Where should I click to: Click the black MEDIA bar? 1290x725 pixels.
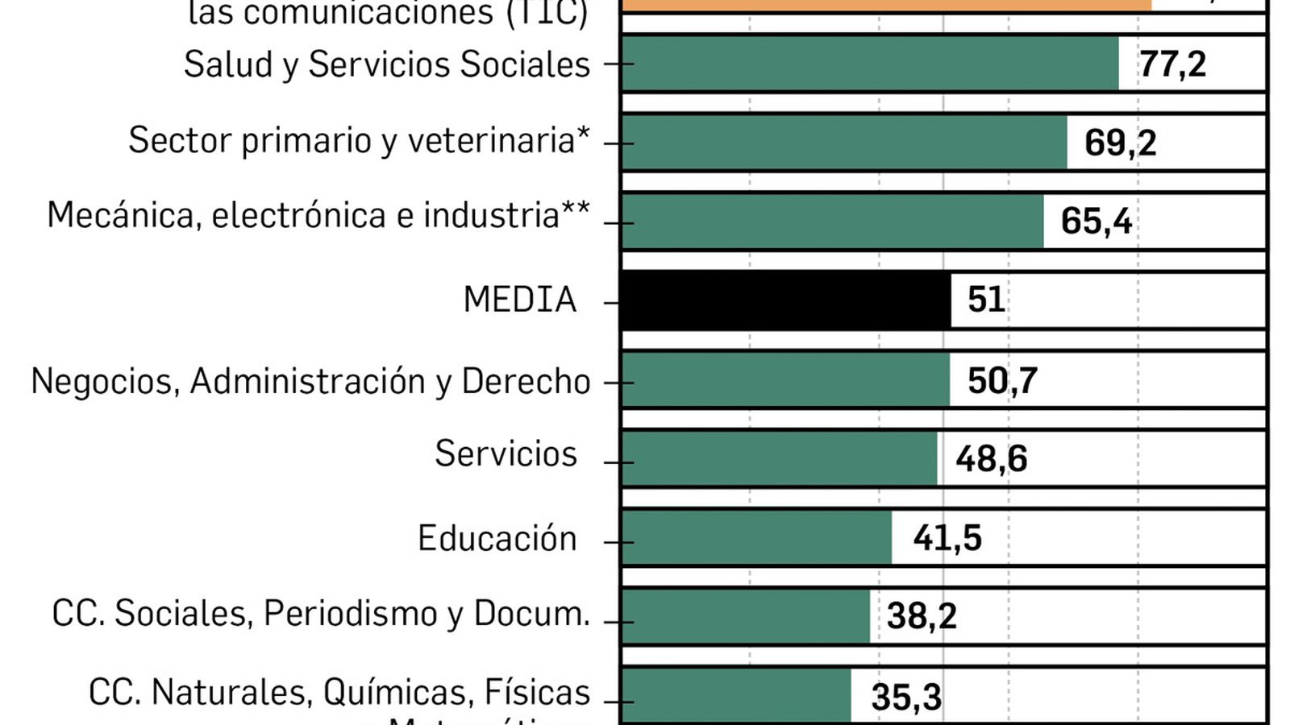point(786,300)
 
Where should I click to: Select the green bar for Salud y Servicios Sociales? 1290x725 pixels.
point(870,64)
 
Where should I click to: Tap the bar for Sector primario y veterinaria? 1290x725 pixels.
point(844,143)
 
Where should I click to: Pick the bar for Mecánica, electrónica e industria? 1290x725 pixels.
point(832,222)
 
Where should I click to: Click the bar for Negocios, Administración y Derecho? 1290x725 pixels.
point(785,379)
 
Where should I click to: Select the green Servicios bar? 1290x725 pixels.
point(779,458)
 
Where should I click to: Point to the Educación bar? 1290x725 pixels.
point(756,537)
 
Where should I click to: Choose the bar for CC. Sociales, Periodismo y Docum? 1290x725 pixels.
point(746,616)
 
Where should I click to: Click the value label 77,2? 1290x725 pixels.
point(1172,64)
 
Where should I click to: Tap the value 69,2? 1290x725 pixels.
point(1120,143)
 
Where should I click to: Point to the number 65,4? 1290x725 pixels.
point(1096,222)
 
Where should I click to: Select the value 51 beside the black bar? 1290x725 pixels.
point(986,300)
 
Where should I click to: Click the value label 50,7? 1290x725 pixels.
point(1002,381)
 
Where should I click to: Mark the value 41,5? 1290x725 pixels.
point(947,538)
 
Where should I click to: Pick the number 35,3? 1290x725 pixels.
point(906,698)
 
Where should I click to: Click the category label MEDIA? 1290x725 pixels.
point(520,300)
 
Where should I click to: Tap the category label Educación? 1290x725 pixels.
point(497,538)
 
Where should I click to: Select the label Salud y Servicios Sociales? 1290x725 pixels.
point(387,64)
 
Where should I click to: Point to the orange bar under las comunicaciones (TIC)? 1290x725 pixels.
point(887,4)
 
